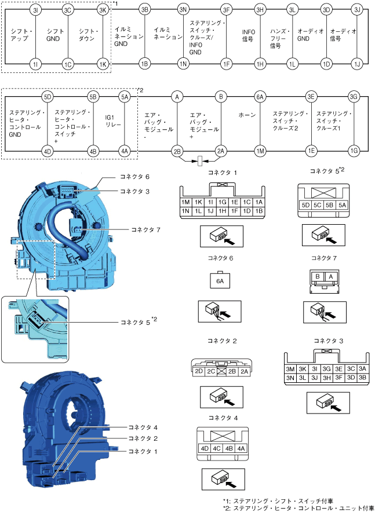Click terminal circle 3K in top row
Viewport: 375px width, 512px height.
click(x=103, y=10)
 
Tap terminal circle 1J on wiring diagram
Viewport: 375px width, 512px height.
click(x=357, y=63)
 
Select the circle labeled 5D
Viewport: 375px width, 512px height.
click(x=48, y=97)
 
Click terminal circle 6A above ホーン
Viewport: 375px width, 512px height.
click(x=260, y=97)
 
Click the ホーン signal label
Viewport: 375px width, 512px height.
click(x=247, y=115)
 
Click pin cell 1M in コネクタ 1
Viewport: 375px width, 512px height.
click(x=186, y=202)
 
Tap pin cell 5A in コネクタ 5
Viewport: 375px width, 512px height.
click(x=343, y=204)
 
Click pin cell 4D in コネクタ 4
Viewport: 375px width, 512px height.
click(x=204, y=448)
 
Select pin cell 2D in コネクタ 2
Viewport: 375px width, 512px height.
click(x=199, y=371)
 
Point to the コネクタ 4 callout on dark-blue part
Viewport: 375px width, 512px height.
click(x=143, y=427)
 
